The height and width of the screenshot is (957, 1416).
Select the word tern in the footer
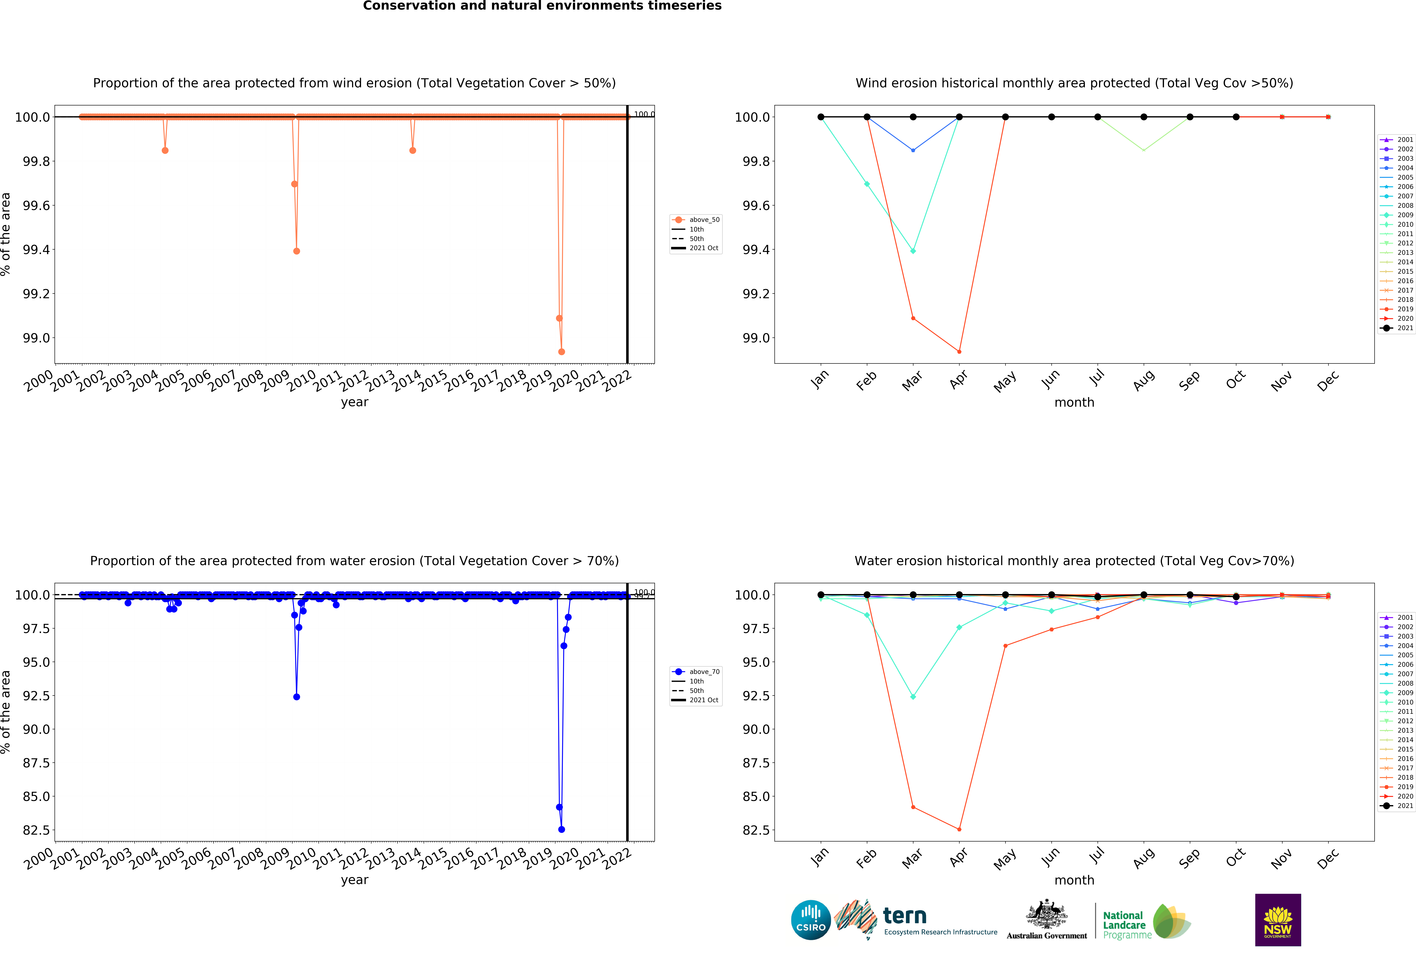905,916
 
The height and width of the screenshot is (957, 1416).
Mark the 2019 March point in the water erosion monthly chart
913,807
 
